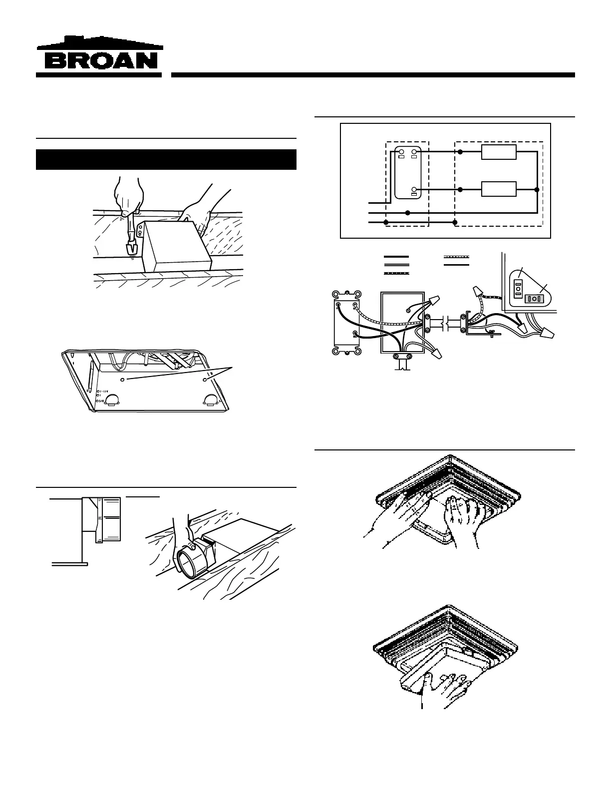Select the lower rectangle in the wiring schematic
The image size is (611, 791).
click(499, 190)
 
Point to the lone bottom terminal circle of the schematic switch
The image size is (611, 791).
click(414, 190)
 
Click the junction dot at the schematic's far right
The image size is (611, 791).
click(537, 190)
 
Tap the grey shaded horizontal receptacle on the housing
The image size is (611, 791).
click(533, 299)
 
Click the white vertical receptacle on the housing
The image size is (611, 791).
click(517, 288)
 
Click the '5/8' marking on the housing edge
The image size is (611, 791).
click(103, 400)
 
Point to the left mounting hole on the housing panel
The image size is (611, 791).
click(124, 380)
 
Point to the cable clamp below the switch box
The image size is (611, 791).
click(402, 357)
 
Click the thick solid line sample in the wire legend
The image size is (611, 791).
click(396, 257)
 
